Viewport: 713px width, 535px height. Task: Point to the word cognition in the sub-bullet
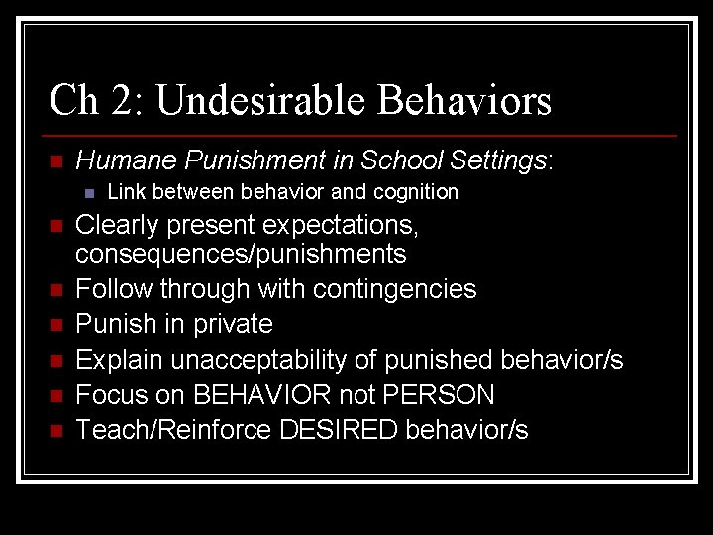pyautogui.click(x=416, y=192)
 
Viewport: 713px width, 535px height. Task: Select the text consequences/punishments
pyautogui.click(x=241, y=255)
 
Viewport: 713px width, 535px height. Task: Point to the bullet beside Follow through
pyautogui.click(x=55, y=290)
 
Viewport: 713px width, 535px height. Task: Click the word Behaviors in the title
pyautogui.click(x=464, y=100)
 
